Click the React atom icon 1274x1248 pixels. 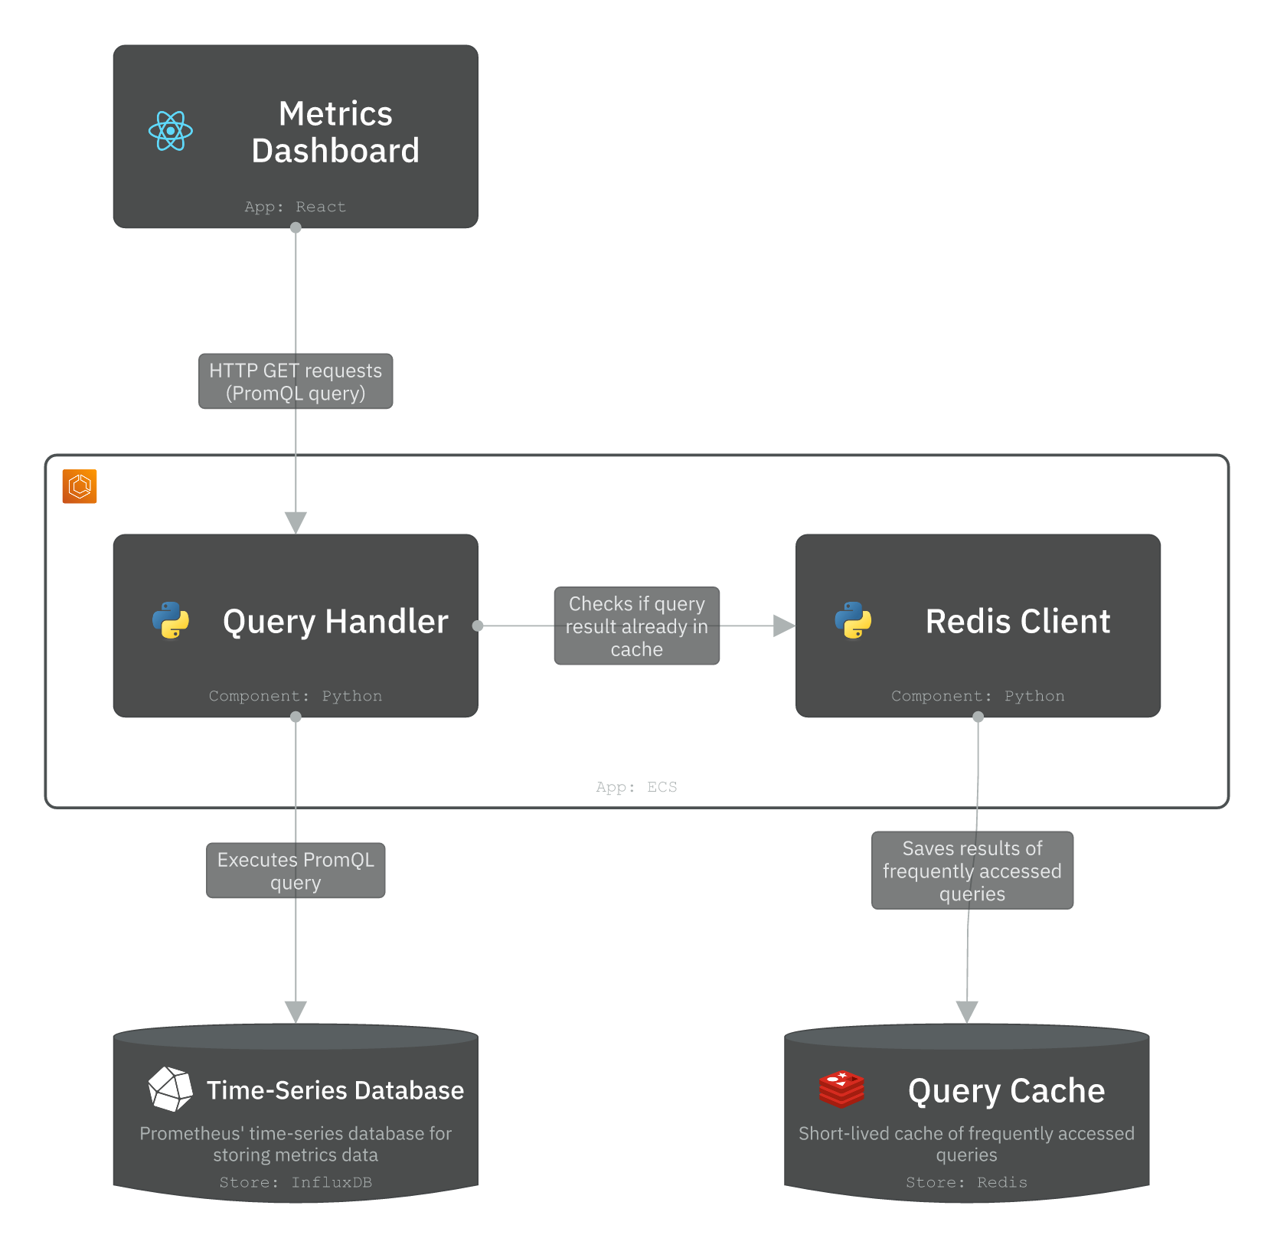click(x=170, y=131)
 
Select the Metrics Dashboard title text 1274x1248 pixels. click(x=335, y=132)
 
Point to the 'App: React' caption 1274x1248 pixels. click(x=295, y=207)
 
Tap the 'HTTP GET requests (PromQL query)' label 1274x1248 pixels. click(x=296, y=381)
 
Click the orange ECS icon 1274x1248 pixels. click(x=80, y=486)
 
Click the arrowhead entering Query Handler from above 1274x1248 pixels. click(x=296, y=522)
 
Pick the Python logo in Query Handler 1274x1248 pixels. click(x=171, y=620)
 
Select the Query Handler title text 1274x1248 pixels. click(x=335, y=621)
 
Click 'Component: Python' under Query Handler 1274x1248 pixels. click(x=295, y=696)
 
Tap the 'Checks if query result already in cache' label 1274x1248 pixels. click(x=636, y=626)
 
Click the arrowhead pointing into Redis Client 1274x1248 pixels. click(x=783, y=626)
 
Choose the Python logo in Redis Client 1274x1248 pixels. click(x=853, y=620)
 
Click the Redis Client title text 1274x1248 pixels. click(x=1018, y=621)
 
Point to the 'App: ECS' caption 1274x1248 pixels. click(x=636, y=787)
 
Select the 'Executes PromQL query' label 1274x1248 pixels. click(x=296, y=871)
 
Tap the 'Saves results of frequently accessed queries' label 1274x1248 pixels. click(x=972, y=871)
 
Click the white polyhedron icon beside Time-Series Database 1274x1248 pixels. click(x=170, y=1089)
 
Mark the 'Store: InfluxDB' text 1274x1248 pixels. click(x=296, y=1182)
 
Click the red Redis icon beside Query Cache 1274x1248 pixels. click(x=841, y=1089)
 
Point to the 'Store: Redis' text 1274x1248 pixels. click(x=966, y=1182)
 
